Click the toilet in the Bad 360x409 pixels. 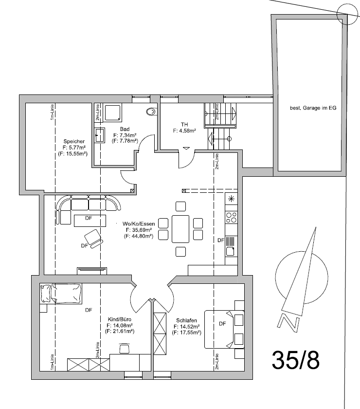[151, 112]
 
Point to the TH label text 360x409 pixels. [184, 124]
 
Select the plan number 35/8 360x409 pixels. [296, 360]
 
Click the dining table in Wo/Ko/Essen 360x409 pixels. [180, 228]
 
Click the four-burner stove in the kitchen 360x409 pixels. [232, 217]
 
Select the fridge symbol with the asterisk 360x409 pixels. [232, 198]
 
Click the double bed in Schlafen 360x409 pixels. [224, 329]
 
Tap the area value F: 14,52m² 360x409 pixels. [187, 327]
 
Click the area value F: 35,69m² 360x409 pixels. [139, 230]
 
